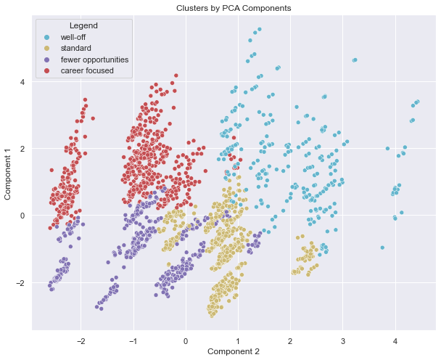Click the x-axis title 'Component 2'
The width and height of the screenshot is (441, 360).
click(x=234, y=351)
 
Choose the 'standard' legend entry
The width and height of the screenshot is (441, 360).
click(x=75, y=48)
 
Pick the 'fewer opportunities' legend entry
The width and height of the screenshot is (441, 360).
click(x=94, y=60)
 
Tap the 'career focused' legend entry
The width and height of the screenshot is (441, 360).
click(x=86, y=70)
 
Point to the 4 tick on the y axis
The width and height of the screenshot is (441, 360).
click(x=22, y=82)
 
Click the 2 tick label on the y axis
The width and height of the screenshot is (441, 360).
click(x=22, y=149)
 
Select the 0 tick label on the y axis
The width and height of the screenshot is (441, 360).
click(x=22, y=216)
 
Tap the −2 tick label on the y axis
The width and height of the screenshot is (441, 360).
click(x=20, y=282)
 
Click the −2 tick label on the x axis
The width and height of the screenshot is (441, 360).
click(x=80, y=339)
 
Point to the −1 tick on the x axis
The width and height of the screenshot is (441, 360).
click(x=132, y=339)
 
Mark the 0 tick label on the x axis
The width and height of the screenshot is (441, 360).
click(x=186, y=339)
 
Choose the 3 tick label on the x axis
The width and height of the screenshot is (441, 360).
click(x=343, y=339)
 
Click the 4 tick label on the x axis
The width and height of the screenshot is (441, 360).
click(x=395, y=339)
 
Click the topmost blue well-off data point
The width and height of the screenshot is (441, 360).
click(x=259, y=29)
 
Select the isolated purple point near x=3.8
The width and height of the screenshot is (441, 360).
click(x=382, y=247)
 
